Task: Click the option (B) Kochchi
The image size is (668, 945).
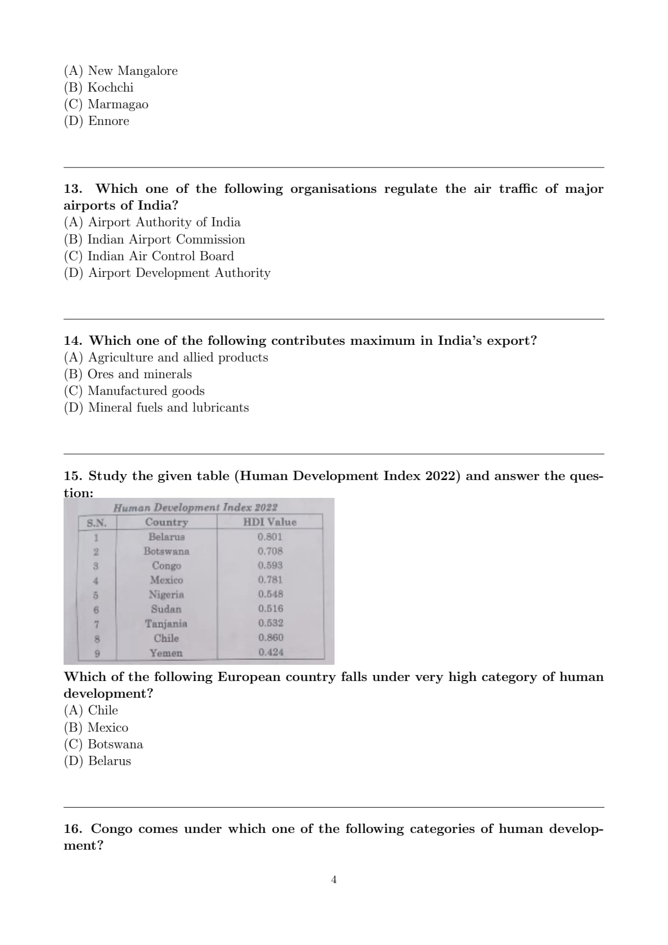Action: point(99,88)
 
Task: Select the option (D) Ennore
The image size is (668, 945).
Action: point(96,121)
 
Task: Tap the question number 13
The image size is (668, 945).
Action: point(72,189)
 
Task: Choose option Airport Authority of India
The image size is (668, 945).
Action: point(152,223)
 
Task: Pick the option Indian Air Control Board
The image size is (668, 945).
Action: point(149,256)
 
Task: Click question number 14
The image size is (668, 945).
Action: point(72,341)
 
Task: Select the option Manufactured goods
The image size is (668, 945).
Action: point(134,391)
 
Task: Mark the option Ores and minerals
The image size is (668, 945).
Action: point(128,374)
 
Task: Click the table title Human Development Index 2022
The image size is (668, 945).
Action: point(195,508)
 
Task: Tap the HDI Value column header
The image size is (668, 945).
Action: point(269,522)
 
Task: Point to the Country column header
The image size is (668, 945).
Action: point(166,522)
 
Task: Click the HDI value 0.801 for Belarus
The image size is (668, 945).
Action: point(269,537)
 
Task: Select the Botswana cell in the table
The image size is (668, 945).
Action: point(166,551)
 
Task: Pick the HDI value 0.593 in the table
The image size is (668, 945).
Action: point(270,566)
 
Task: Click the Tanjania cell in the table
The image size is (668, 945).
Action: point(166,624)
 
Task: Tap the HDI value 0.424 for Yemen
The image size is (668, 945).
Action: point(270,652)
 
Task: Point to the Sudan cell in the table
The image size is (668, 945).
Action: point(166,609)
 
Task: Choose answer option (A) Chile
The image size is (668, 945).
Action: point(91,711)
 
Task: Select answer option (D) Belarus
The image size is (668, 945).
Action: point(98,761)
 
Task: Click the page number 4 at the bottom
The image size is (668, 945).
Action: point(334,880)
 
